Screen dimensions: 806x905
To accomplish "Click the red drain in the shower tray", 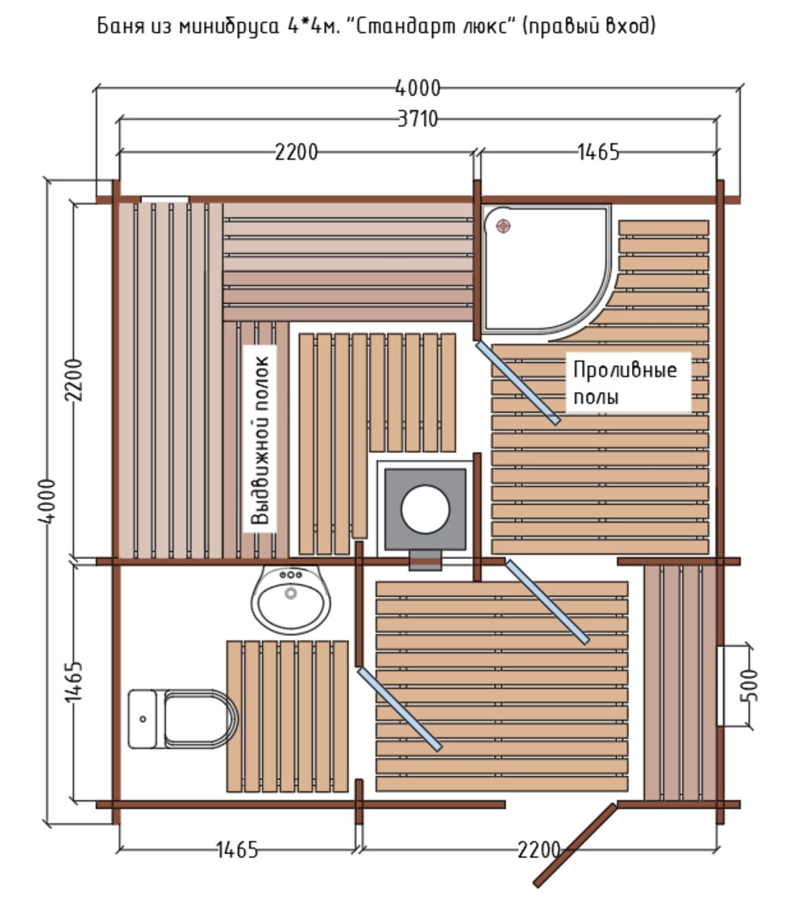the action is [503, 226].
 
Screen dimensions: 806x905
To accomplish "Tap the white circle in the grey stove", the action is [425, 509].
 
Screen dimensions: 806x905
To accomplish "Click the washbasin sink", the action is [291, 599].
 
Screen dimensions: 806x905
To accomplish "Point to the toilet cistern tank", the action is [143, 719].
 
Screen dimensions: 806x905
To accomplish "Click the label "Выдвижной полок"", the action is [260, 440].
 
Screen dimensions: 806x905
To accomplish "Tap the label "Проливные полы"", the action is [625, 383].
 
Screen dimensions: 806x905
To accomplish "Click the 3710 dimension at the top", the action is [418, 119].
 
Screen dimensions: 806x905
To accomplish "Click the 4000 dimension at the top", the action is [418, 88].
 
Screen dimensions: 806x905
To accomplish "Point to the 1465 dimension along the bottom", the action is [237, 849].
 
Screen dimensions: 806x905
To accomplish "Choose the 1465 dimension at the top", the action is [598, 152].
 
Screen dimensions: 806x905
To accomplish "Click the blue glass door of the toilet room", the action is [400, 709].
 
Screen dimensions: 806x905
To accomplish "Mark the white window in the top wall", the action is [165, 199].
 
